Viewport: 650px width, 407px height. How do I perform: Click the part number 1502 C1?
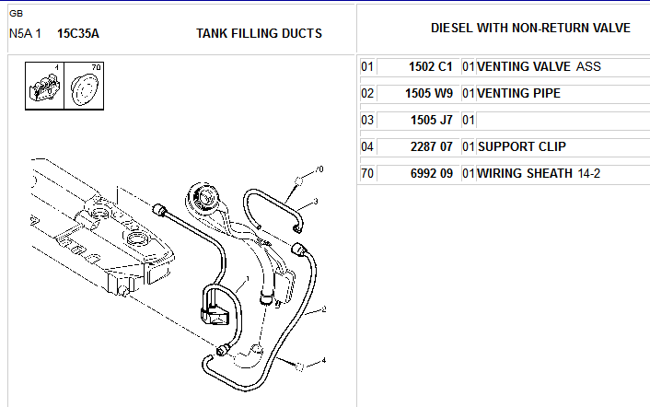430,66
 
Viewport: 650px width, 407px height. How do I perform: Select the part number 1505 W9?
429,93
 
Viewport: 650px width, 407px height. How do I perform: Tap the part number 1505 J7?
431,121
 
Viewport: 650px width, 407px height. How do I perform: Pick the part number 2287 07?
431,146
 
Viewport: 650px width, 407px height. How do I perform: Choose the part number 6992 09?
431,173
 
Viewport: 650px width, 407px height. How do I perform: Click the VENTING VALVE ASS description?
539,66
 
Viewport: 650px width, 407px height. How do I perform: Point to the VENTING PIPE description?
518,93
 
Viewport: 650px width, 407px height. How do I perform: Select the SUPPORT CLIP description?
521,146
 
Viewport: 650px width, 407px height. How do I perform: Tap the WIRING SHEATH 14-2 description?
539,173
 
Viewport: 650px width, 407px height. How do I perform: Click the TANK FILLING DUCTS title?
259,33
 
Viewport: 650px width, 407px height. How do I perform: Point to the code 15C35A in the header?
78,33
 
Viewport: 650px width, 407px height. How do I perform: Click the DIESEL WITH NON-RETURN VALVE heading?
530,28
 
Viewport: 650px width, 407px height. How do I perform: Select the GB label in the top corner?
17,14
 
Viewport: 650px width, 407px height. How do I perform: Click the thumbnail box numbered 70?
84,86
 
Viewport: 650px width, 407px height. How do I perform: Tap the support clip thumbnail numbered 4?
45,86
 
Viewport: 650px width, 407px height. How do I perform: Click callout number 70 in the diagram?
319,169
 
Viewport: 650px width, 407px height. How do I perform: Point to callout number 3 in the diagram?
316,202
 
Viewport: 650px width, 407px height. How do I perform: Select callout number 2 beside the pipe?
324,309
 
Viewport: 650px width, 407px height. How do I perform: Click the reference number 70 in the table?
366,173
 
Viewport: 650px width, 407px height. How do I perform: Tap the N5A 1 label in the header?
25,33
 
